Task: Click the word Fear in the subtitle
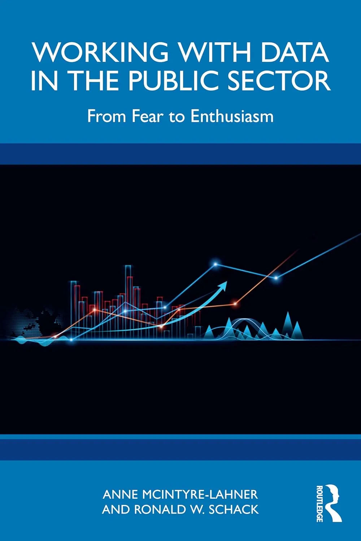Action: pos(147,116)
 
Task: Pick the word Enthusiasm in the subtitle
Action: pos(232,116)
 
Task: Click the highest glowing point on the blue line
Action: pos(216,264)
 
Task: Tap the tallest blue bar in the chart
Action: pos(128,302)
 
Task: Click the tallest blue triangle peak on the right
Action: pos(288,325)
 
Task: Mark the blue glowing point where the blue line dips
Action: pos(276,278)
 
